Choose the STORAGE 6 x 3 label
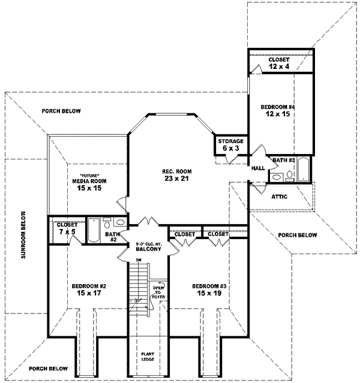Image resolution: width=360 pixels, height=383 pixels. point(230,144)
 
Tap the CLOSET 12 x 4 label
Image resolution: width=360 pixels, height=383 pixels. point(279,63)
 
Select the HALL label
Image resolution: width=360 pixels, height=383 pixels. point(257,168)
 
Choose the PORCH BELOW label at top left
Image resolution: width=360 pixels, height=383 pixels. point(61,111)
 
